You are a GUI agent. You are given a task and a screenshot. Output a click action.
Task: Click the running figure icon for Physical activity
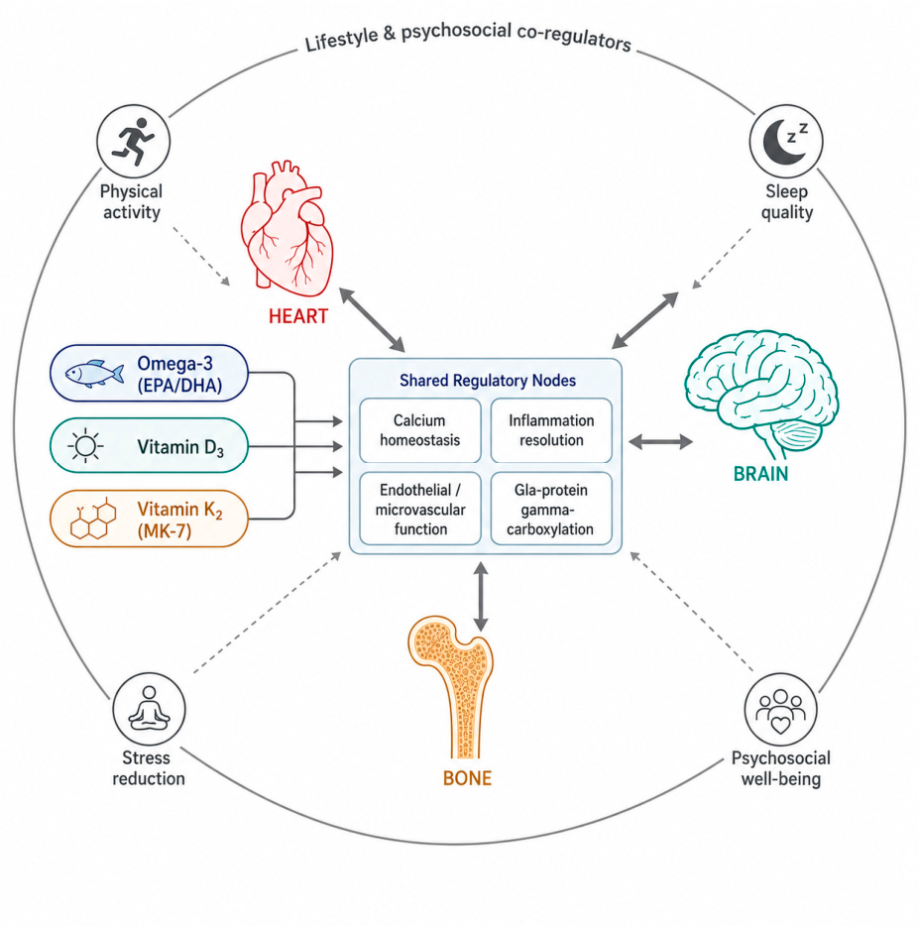[134, 142]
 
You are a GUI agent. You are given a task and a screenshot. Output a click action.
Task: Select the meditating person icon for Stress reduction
[150, 709]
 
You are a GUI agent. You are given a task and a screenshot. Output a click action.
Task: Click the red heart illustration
[287, 229]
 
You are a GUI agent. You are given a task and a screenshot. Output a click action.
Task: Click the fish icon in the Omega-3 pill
[94, 373]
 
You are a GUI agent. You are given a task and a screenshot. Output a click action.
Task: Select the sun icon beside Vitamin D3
[85, 446]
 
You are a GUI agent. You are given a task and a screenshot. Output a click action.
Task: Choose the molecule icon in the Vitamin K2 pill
[93, 519]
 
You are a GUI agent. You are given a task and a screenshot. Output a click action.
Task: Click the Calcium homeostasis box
[420, 430]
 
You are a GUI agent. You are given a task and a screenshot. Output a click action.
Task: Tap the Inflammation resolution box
[551, 430]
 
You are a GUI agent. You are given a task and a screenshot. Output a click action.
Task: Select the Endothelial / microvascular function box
[420, 509]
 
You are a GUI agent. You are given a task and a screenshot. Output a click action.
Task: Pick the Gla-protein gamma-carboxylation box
[551, 509]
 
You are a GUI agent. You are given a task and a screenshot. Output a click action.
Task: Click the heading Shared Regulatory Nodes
[488, 381]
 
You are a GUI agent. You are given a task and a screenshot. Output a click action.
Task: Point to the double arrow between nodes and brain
[661, 442]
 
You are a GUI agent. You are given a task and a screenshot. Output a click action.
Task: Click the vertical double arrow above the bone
[481, 597]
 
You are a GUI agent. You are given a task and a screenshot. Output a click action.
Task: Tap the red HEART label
[298, 316]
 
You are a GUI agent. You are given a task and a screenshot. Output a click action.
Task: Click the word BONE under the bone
[467, 778]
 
